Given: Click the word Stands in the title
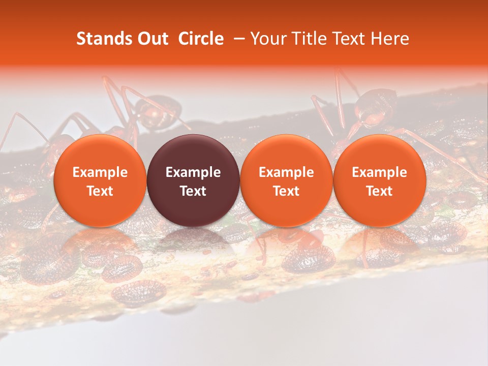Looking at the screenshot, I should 101,39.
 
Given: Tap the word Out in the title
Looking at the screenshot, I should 151,39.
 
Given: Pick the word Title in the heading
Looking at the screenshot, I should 310,39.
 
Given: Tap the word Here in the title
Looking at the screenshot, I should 389,39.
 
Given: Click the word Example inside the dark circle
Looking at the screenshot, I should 193,172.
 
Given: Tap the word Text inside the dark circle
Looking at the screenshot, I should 193,191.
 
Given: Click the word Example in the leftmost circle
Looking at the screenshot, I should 100,172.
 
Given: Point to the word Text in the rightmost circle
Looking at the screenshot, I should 379,191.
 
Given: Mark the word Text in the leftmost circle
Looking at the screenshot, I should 100,191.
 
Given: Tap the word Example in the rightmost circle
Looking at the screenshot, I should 379,172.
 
